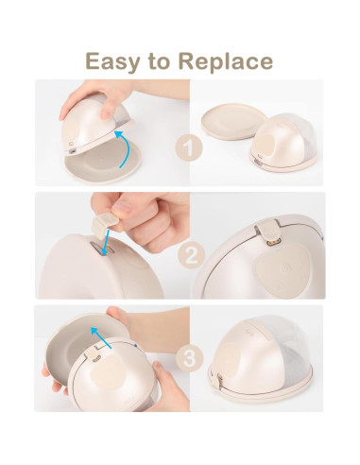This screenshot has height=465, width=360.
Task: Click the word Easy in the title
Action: [x=111, y=62]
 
